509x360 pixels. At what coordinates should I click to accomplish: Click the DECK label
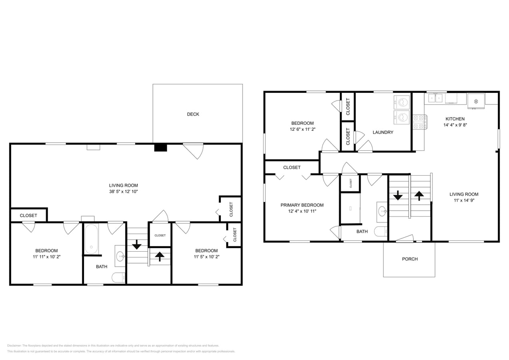tap(193, 114)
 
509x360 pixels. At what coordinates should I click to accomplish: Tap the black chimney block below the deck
tap(160, 148)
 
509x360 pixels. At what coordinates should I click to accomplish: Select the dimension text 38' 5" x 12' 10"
tap(124, 192)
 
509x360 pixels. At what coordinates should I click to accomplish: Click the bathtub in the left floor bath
tap(91, 239)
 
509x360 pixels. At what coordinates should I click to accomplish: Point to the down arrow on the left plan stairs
tap(137, 244)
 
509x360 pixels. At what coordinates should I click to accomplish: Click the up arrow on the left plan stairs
tap(160, 256)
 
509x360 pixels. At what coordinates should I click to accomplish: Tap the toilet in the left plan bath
tap(118, 277)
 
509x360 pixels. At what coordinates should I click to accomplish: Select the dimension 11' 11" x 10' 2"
tap(46, 257)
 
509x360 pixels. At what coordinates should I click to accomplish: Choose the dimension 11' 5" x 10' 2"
tap(206, 257)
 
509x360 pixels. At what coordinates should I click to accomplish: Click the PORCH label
tap(410, 259)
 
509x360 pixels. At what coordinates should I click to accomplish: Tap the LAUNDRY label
tap(383, 132)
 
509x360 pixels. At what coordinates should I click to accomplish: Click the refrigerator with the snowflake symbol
tap(476, 101)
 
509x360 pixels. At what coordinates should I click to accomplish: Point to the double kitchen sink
tap(435, 98)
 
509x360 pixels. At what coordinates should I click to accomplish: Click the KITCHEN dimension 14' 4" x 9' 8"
tap(455, 125)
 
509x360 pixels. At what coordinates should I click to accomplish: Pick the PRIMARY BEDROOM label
tap(302, 205)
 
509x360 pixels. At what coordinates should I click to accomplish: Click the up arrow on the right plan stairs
tap(419, 196)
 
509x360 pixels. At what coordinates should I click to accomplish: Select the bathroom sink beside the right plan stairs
tap(382, 211)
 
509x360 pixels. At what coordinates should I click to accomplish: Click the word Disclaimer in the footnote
tap(14, 346)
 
